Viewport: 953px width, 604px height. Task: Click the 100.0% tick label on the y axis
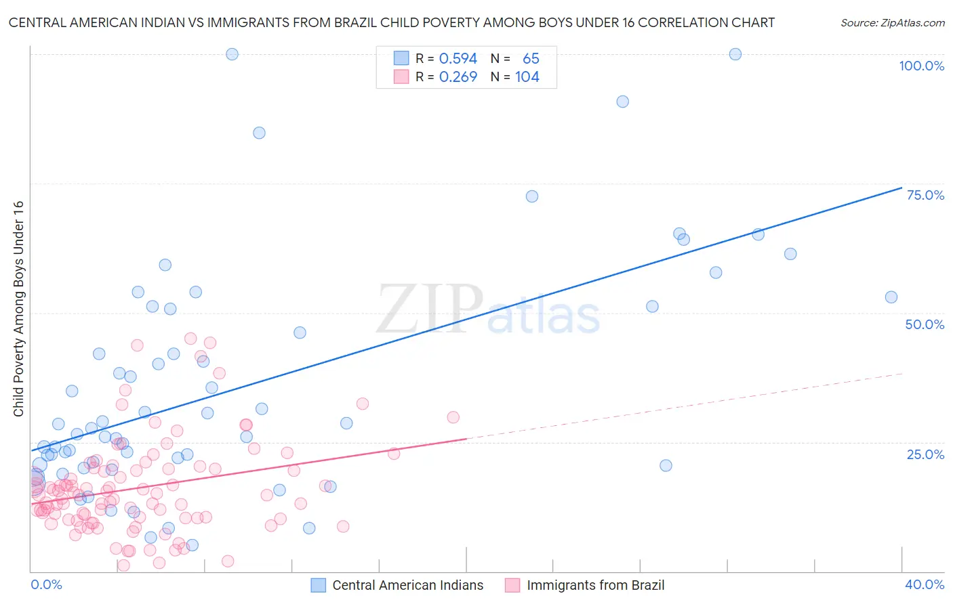921,66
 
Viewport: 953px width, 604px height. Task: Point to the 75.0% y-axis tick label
925,195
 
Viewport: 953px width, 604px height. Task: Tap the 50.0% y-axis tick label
925,324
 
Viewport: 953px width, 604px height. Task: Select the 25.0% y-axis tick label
925,454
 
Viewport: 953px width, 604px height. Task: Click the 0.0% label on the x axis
46,584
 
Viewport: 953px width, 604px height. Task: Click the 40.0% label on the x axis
925,584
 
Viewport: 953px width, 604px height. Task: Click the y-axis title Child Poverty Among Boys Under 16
18,309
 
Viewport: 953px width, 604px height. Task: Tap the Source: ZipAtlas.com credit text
892,23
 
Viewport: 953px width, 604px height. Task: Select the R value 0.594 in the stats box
458,59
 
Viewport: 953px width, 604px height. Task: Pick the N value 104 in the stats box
527,77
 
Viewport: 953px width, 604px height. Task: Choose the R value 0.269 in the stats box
458,77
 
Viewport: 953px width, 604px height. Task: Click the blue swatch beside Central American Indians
319,585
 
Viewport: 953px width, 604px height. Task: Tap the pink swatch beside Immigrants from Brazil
512,585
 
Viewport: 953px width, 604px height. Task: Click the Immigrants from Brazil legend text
595,585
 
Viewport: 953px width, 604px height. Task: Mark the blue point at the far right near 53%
891,297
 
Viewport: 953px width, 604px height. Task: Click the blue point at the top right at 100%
735,54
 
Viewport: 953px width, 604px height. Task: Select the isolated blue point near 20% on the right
666,465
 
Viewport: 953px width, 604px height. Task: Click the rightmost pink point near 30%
453,417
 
